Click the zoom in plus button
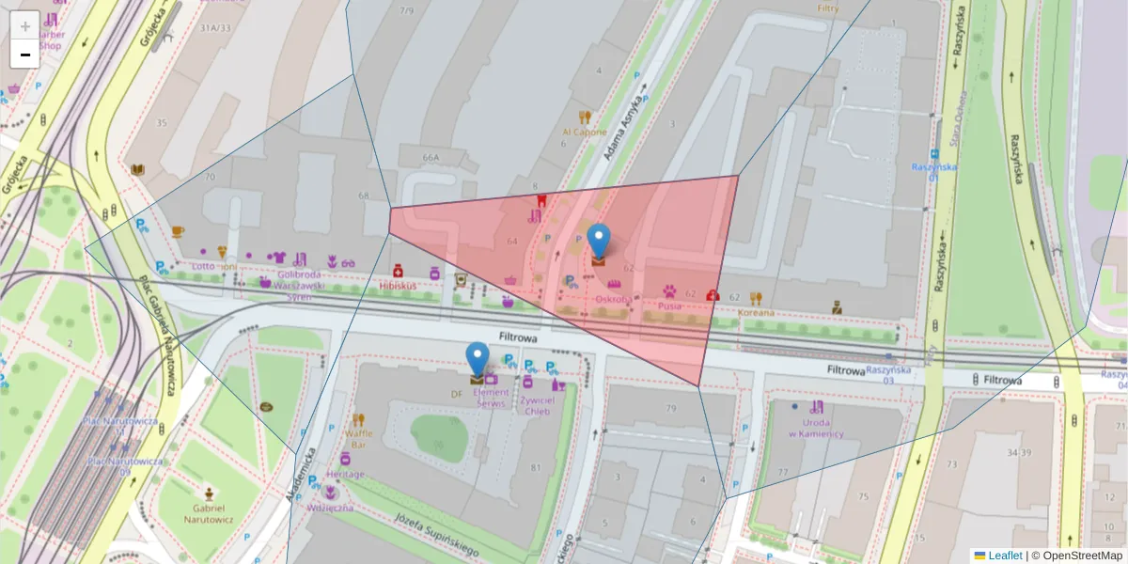[24, 25]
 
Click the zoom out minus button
[24, 55]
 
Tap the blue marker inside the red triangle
[598, 241]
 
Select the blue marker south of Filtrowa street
[478, 359]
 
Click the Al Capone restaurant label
[585, 133]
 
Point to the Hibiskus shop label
[399, 284]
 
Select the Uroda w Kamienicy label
[815, 428]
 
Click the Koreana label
[757, 312]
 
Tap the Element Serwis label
[491, 398]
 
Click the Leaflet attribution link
[1004, 556]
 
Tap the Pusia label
[669, 305]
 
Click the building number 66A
[431, 158]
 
